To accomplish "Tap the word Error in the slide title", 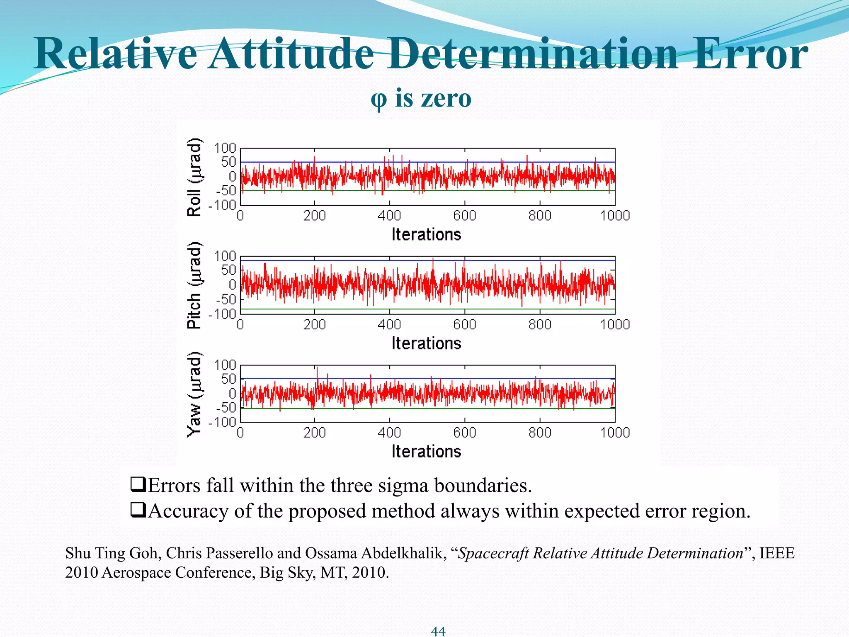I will [750, 54].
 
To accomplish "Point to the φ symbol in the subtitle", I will [378, 100].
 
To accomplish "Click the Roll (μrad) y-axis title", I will [194, 177].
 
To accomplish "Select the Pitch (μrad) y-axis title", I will [194, 285].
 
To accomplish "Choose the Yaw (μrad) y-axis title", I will [194, 394].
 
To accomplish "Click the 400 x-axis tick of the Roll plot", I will [389, 215].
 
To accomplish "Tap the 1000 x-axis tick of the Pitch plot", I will [615, 324].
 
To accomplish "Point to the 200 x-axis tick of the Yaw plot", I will [314, 433].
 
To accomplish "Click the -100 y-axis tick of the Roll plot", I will [223, 205].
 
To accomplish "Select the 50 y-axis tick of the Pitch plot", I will [228, 270].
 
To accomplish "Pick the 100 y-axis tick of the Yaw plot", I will [225, 365].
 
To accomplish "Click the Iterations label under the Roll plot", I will [426, 235].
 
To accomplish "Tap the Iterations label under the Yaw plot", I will [426, 452].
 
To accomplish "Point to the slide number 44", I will [438, 631].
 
